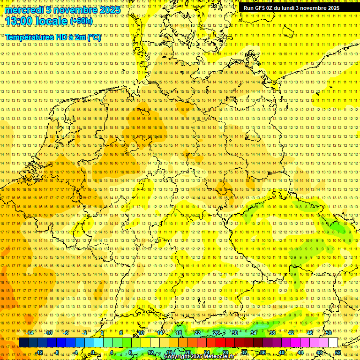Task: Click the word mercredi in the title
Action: pos(23,10)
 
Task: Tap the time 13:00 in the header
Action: pos(19,21)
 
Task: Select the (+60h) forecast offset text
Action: pos(81,21)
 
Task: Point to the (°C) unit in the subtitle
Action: pos(93,37)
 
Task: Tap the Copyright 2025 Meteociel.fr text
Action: pos(199,357)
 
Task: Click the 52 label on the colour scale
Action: pos(338,352)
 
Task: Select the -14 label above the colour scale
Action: pos(30,333)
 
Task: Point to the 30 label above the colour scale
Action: pos(234,333)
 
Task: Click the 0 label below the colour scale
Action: pos(93,352)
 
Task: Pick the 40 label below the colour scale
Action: pos(282,352)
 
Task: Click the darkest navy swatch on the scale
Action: pos(23,343)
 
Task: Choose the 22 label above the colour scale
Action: pos(197,333)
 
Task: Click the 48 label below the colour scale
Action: pos(319,352)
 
